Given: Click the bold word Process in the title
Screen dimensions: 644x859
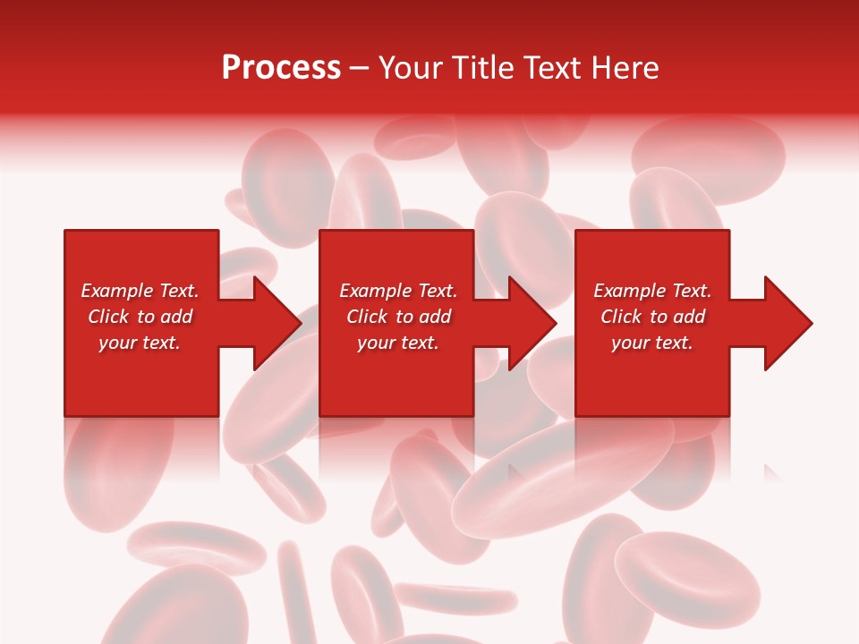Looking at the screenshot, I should click(x=281, y=68).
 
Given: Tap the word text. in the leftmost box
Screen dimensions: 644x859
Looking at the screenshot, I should click(x=161, y=343).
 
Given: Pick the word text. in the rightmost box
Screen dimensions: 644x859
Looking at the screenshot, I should click(x=674, y=343).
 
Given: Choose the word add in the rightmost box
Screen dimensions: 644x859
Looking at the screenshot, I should click(x=688, y=317).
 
